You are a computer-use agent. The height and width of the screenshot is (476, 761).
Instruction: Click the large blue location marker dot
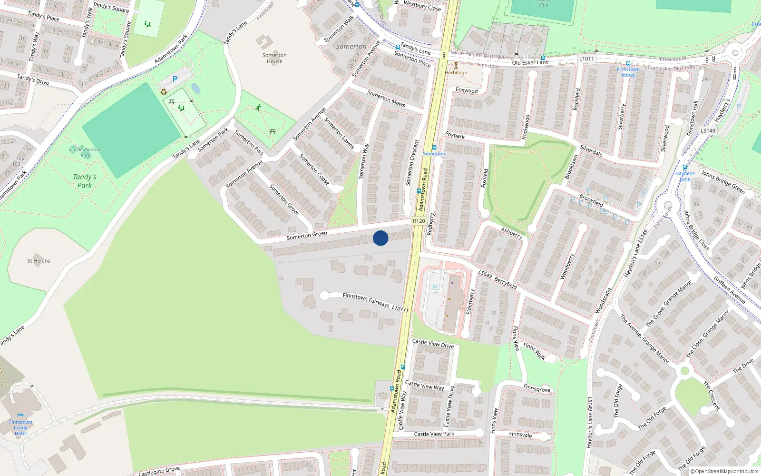tap(380, 238)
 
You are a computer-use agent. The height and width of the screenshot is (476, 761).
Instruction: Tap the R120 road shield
tap(419, 221)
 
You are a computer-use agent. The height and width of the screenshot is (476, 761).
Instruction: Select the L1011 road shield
tap(586, 59)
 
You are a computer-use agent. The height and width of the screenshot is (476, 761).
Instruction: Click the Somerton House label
tap(274, 58)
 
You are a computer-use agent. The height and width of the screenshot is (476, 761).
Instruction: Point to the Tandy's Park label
tap(85, 181)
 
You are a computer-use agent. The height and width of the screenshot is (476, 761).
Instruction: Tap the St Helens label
tap(39, 261)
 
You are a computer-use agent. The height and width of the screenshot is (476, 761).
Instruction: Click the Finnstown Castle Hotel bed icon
tap(20, 416)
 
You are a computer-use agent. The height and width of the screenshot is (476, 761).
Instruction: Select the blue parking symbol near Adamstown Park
tap(175, 79)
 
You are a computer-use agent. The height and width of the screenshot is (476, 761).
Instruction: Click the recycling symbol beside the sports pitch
tap(164, 92)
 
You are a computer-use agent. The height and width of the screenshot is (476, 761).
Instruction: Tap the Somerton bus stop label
tap(434, 154)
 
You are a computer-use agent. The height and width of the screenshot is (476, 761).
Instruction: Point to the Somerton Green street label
tap(307, 235)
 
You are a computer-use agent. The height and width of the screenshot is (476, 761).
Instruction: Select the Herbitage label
tap(456, 73)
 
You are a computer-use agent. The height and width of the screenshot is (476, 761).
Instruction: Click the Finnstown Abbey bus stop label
tap(628, 72)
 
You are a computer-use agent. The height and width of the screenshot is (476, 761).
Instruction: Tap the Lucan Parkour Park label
tap(86, 152)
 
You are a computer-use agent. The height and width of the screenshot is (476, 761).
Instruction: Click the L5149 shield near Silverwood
tap(708, 130)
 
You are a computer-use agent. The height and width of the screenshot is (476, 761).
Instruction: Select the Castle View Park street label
tap(434, 434)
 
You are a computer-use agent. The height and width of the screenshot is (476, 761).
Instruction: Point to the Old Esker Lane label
tap(530, 62)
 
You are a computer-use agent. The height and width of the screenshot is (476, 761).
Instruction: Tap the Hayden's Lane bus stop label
tap(685, 176)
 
